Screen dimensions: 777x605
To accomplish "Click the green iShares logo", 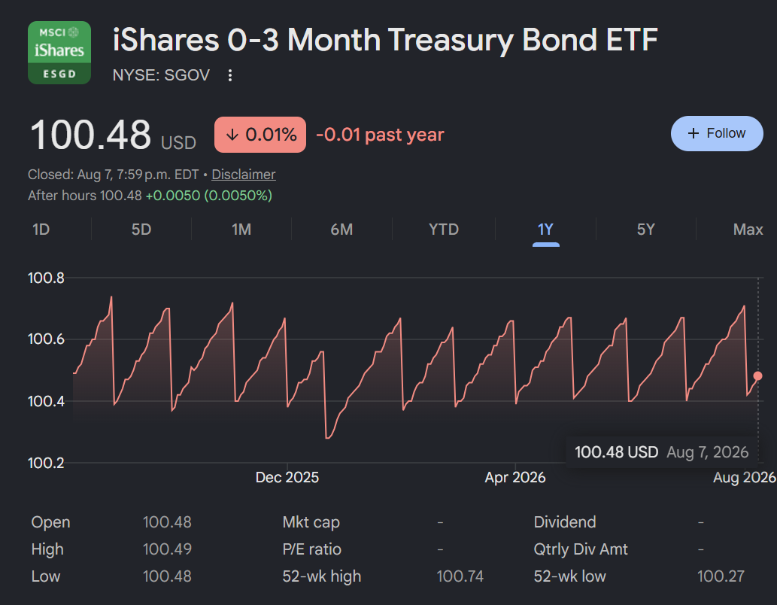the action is [x=59, y=53].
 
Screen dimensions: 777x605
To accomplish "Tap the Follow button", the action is [x=717, y=133].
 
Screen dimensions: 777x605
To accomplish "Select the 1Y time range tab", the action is [x=545, y=230].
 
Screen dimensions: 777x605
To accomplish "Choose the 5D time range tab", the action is [x=141, y=230].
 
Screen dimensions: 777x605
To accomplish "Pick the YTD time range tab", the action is [x=444, y=230].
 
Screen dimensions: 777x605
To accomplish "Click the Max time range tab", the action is [x=748, y=230].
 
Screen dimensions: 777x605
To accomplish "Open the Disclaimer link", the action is [x=243, y=175].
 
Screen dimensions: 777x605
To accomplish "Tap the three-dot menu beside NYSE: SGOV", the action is [x=230, y=75].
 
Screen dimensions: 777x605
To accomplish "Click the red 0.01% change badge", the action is [x=260, y=135].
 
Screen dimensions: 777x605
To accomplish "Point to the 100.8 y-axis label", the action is [x=46, y=278].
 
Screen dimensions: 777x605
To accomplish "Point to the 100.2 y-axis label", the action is [x=46, y=463].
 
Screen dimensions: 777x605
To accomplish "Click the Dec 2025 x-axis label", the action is [x=287, y=477].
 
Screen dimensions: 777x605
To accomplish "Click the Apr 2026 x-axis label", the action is [x=514, y=477].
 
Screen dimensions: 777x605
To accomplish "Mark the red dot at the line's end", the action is [x=757, y=376].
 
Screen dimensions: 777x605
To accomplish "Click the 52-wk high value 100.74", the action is [x=460, y=576].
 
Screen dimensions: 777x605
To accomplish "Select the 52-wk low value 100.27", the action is [x=721, y=576].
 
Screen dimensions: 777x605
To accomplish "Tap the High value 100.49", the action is [x=167, y=549].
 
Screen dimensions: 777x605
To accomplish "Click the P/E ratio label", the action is [x=311, y=549].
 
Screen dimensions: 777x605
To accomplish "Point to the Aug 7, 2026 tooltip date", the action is [x=707, y=452].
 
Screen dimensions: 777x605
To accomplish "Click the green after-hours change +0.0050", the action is [x=172, y=196].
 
